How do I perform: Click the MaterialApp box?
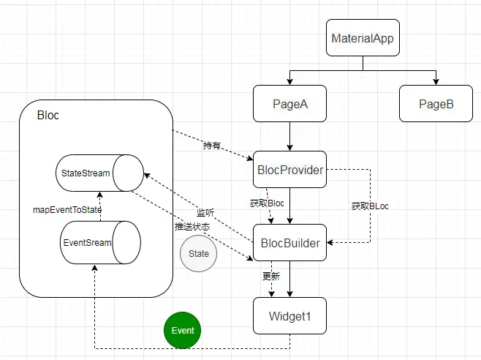[363, 38]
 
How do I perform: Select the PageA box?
[289, 104]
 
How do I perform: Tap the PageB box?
[436, 104]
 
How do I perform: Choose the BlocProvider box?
[289, 170]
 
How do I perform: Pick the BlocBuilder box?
[289, 243]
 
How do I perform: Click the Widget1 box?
[289, 316]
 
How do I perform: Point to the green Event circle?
[183, 330]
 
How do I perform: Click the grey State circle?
[198, 254]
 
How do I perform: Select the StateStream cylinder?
[99, 173]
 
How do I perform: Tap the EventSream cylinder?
[99, 242]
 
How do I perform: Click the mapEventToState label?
[67, 209]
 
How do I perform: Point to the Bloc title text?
[48, 116]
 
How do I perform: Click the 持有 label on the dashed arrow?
[212, 146]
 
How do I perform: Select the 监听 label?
[205, 212]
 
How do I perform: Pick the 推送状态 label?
[192, 227]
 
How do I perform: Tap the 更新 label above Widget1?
[271, 277]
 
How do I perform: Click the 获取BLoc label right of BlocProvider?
[370, 206]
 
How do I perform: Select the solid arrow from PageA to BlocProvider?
[290, 137]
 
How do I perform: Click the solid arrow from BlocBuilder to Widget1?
[290, 280]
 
